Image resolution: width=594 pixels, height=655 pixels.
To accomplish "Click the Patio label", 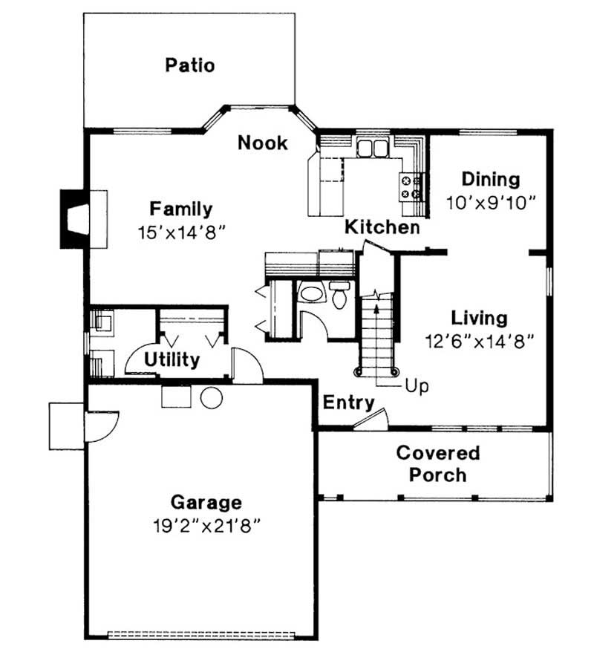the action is point(190,65).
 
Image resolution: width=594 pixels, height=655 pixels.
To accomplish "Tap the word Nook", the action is point(263,143).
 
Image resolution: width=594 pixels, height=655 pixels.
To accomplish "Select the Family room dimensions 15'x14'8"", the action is point(182,232).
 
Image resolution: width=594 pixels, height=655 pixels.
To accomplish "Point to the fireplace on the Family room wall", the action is point(76,219).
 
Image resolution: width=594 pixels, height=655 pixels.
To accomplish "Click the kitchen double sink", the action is point(373,148).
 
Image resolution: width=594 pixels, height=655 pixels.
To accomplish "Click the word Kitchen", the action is point(382,227).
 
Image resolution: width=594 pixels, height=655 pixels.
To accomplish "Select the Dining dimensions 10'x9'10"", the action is point(491,203).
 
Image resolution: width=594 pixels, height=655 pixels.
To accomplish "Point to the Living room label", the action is point(480,319).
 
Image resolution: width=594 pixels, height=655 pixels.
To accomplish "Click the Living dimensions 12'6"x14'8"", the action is point(480,342).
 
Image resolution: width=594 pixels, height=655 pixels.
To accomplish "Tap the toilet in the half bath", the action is point(339,294).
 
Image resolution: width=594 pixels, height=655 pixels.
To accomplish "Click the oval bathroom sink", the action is point(312,293).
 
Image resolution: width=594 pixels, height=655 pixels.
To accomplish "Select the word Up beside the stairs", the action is point(417,386).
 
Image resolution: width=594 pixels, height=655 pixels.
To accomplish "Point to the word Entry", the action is point(349,403).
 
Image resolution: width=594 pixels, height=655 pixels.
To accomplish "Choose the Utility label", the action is point(172,359).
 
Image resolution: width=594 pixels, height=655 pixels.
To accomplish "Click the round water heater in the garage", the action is point(212,397).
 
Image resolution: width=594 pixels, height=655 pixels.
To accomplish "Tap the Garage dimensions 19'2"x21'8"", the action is point(207,526).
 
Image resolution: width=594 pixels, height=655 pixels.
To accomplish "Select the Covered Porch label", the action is point(438,464).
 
